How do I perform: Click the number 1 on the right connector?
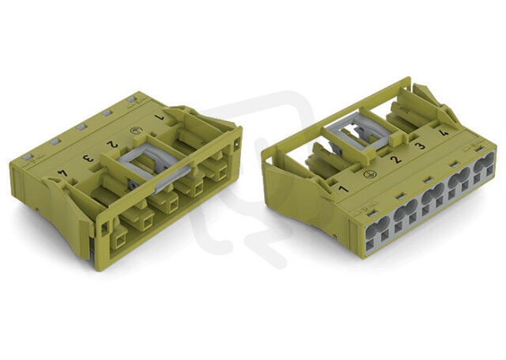coord(344,188)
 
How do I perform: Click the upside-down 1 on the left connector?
coord(159,118)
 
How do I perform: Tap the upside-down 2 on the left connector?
coord(112,145)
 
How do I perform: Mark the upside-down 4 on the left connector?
coord(62,173)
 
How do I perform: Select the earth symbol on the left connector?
coord(136,131)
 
